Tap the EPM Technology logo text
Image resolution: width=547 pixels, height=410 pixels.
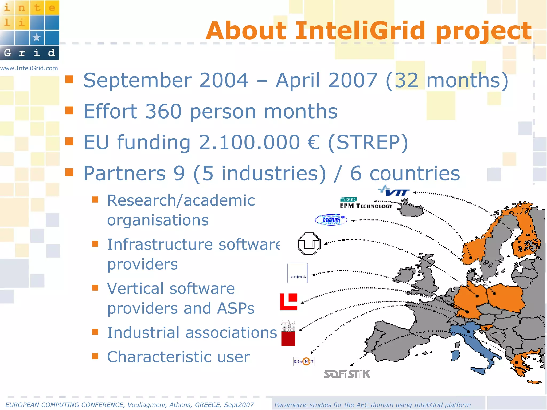366,206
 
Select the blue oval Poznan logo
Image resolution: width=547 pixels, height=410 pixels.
331,220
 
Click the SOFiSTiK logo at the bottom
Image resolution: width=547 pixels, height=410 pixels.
347,374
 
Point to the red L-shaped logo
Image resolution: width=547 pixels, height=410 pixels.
288,302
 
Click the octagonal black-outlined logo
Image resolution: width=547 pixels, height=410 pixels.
309,244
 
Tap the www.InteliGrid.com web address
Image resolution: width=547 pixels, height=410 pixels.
29,68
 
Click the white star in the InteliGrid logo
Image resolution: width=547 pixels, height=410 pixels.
37,37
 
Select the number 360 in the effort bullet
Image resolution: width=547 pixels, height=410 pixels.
163,111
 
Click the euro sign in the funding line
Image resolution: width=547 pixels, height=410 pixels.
314,142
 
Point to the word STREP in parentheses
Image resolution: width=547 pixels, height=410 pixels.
368,142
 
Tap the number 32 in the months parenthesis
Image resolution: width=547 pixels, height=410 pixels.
406,80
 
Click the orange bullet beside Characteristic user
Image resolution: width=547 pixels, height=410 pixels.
95,356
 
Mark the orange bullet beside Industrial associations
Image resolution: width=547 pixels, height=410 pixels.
95,332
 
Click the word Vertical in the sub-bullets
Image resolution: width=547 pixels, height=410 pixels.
135,289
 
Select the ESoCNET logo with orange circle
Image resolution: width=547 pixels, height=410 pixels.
304,361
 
